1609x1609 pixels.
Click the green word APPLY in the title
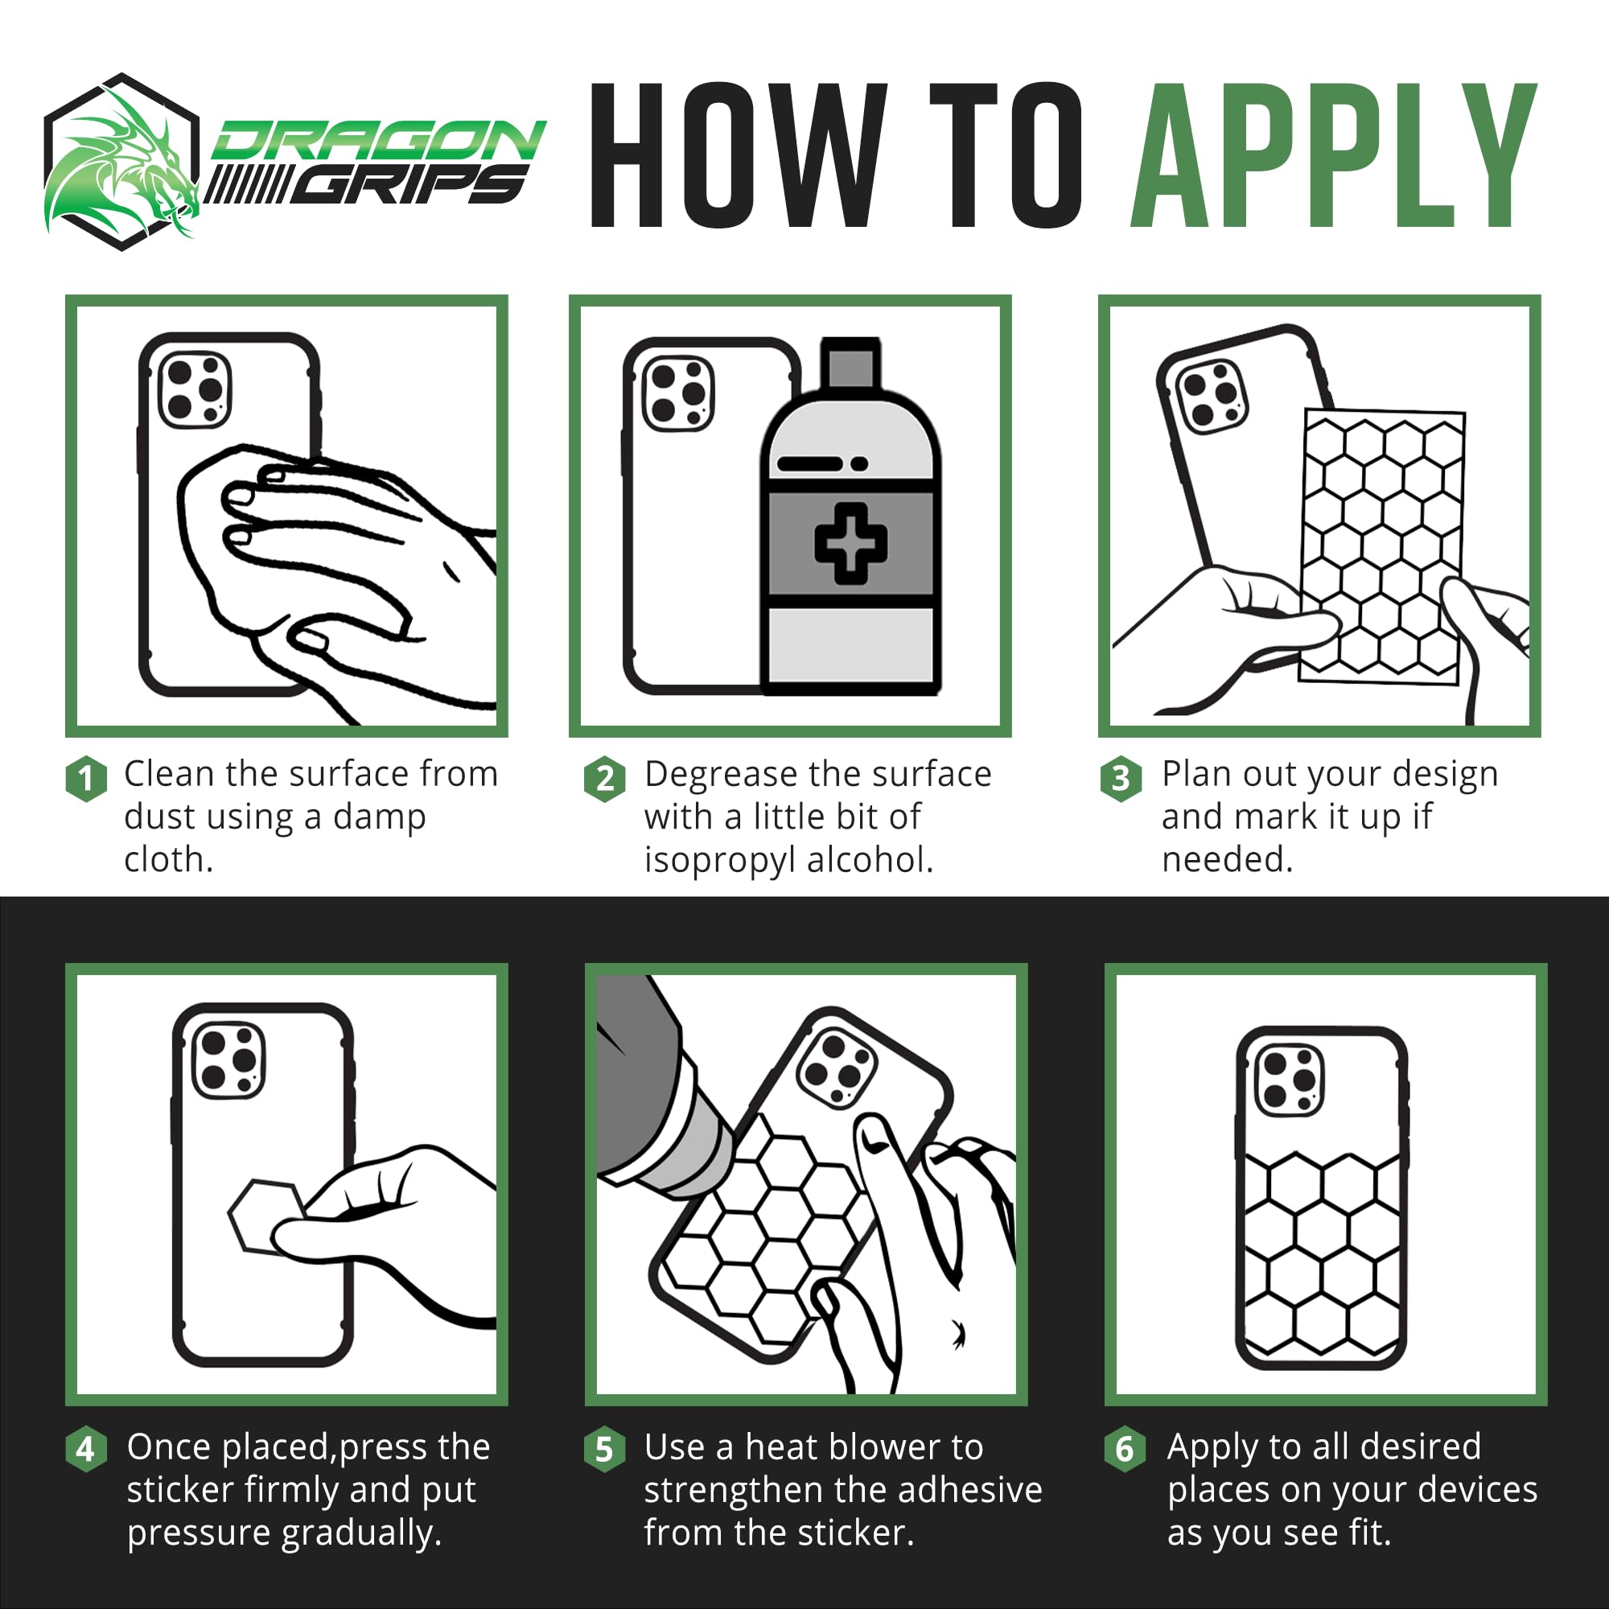pyautogui.click(x=1333, y=155)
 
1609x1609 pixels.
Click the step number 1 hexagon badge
pyautogui.click(x=86, y=779)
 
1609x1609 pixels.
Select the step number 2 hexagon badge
pyautogui.click(x=606, y=779)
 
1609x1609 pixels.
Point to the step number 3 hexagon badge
pyautogui.click(x=1121, y=779)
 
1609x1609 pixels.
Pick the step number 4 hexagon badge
pyautogui.click(x=86, y=1449)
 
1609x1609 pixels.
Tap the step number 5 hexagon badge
pyautogui.click(x=605, y=1449)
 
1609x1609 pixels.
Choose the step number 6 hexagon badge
pyautogui.click(x=1125, y=1449)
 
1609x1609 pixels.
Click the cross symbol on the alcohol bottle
pyautogui.click(x=850, y=544)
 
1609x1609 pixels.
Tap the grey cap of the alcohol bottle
pyautogui.click(x=850, y=362)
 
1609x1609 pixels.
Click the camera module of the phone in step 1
pyautogui.click(x=195, y=389)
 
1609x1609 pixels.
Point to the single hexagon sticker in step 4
pyautogui.click(x=265, y=1216)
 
